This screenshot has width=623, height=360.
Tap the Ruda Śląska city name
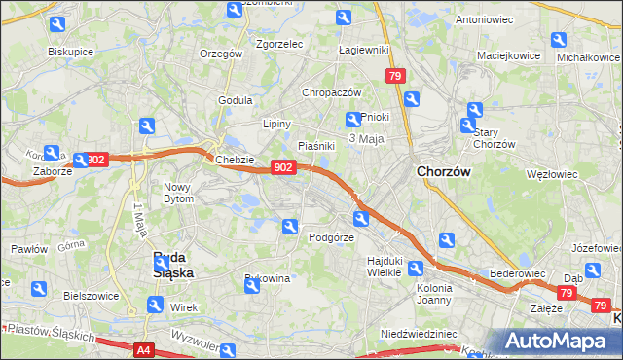click(x=174, y=265)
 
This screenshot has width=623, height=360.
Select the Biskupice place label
click(x=70, y=51)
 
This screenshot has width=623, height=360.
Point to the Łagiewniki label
click(x=363, y=50)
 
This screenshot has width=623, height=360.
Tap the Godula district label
click(x=236, y=99)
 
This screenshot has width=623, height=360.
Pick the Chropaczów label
click(x=332, y=92)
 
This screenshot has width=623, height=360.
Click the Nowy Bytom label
click(x=179, y=192)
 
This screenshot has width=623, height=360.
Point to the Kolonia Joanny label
click(x=434, y=294)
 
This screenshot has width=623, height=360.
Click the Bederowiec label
click(x=516, y=274)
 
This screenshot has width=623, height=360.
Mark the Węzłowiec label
click(x=551, y=175)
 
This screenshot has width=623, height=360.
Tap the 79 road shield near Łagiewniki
click(x=394, y=76)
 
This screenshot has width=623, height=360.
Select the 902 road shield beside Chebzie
click(x=282, y=167)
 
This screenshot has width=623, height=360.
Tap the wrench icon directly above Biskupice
click(x=57, y=24)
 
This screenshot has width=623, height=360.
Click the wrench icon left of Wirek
click(x=154, y=305)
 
